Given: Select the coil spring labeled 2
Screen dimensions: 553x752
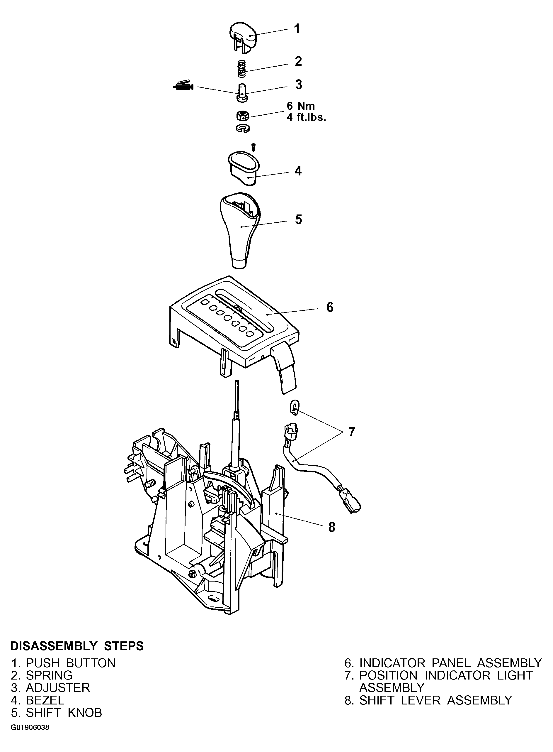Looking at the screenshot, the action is click(x=242, y=68).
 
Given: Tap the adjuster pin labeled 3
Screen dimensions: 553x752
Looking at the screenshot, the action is click(x=242, y=92).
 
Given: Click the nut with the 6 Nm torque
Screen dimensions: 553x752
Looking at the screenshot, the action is click(x=242, y=116).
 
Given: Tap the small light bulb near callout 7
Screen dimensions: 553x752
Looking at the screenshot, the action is click(x=294, y=408).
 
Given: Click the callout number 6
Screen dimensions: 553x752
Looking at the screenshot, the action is click(x=330, y=307).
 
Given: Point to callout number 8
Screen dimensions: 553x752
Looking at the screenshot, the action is click(x=332, y=528).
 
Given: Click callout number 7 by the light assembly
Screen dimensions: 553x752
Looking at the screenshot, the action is click(x=351, y=432).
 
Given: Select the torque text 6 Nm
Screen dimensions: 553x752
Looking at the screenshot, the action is click(x=301, y=106).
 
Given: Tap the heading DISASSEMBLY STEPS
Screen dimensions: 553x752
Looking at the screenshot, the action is click(x=77, y=646).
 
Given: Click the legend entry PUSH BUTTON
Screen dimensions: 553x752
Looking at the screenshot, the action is click(x=71, y=663).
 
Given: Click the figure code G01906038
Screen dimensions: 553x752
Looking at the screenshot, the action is click(x=30, y=728).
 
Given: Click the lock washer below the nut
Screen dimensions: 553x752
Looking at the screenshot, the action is click(x=243, y=128).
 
